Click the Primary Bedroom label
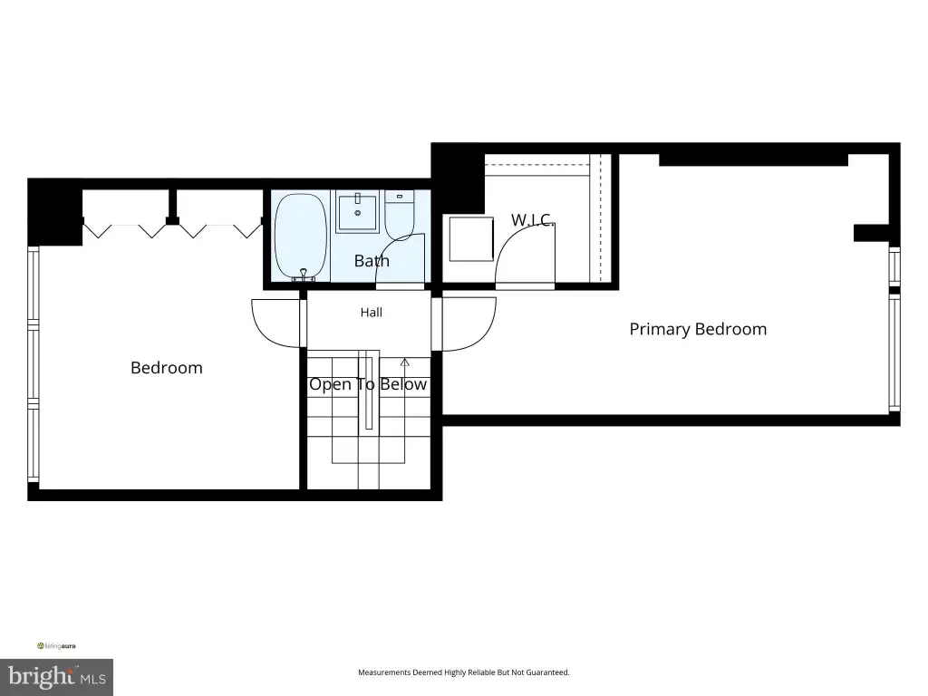(x=698, y=329)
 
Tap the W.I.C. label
(x=532, y=219)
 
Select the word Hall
(x=371, y=312)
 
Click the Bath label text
(x=372, y=260)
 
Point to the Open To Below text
(x=368, y=384)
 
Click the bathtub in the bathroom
(x=301, y=237)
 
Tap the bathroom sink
(x=357, y=211)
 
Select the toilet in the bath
(x=400, y=214)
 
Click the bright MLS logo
(x=57, y=677)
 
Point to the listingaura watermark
(x=56, y=645)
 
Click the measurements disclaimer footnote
(x=463, y=672)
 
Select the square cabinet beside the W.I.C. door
(x=471, y=239)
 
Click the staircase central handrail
(x=369, y=390)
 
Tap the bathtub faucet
(x=303, y=275)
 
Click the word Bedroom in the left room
(x=167, y=368)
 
